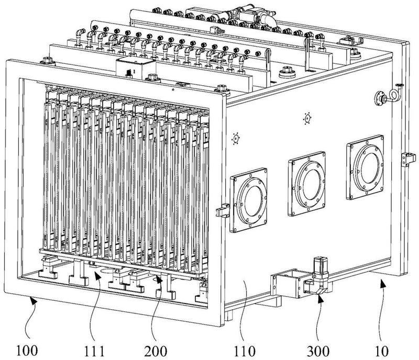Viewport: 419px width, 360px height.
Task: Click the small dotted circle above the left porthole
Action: [235, 139]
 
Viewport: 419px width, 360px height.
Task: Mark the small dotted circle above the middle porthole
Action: [307, 119]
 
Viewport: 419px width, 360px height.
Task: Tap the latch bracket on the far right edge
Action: [404, 159]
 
